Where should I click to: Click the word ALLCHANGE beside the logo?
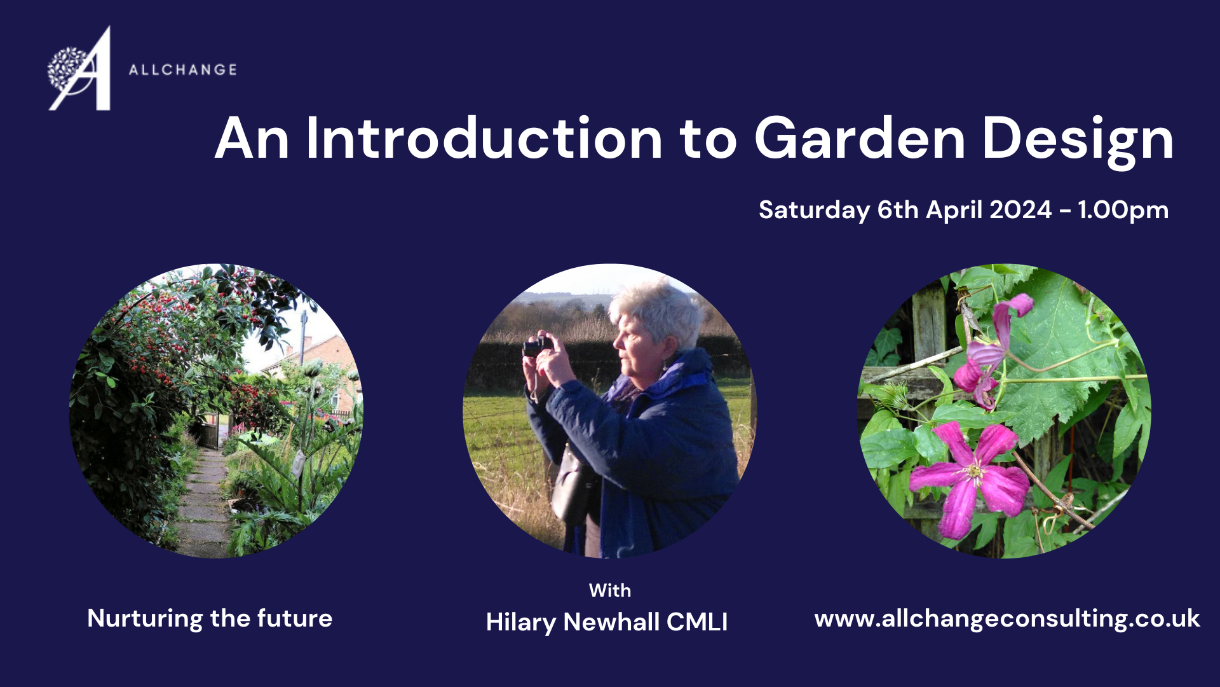[183, 69]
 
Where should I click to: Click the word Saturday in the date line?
[814, 211]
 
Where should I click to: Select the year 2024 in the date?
[1020, 209]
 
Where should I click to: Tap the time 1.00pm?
[1123, 211]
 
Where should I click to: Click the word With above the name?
[610, 590]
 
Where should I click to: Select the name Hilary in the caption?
[521, 623]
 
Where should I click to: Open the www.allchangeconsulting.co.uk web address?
[1007, 618]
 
